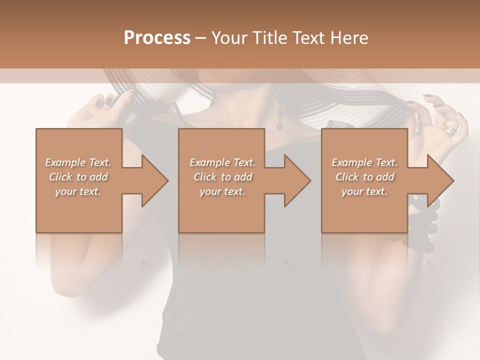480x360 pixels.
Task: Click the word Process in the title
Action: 157,38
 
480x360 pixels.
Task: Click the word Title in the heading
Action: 269,38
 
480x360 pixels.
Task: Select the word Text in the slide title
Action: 308,38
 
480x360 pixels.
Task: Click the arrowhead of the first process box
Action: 155,181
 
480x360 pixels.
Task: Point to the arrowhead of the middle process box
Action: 298,181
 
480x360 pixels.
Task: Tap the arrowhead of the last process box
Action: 441,181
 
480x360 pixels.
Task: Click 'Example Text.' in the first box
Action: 78,162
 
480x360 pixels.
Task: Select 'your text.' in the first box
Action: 78,191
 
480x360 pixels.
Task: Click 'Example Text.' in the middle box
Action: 222,162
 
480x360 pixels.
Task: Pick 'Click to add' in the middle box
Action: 222,177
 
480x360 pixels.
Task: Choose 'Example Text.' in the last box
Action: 364,162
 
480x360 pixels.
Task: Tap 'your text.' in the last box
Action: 364,191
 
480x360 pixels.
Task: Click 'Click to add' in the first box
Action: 78,177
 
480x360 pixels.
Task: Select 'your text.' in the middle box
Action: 222,191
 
